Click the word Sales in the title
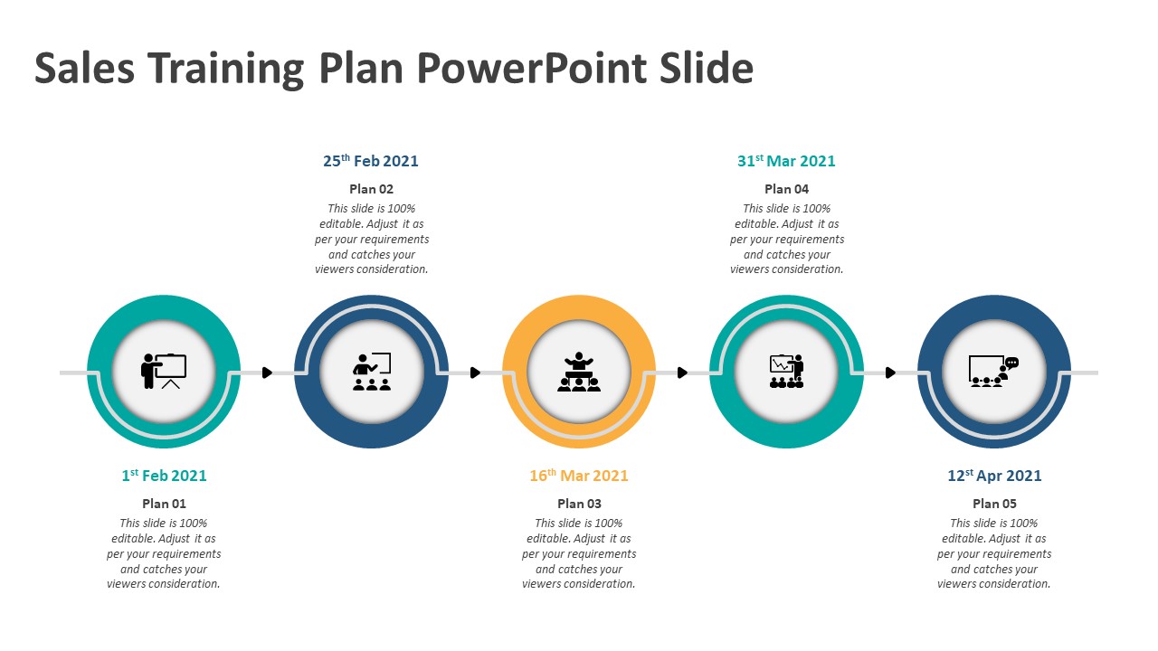tap(84, 68)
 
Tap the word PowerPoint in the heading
tap(531, 68)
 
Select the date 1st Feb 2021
tap(164, 475)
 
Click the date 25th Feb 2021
tap(371, 161)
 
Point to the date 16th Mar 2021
tap(578, 475)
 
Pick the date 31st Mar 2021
tap(786, 161)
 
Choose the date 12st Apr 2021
tap(994, 475)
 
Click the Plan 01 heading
tap(164, 504)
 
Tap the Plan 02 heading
tap(371, 189)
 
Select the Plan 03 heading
tap(579, 504)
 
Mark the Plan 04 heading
tap(786, 189)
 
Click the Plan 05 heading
tap(994, 504)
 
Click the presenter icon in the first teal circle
tap(164, 371)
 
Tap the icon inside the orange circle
tap(578, 372)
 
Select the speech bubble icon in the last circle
tap(1011, 363)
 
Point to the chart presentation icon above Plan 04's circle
tap(786, 371)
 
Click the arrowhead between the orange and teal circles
tap(682, 372)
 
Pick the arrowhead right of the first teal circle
tap(267, 372)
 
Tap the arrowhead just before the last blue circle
tap(890, 372)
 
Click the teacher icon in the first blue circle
tap(372, 371)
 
